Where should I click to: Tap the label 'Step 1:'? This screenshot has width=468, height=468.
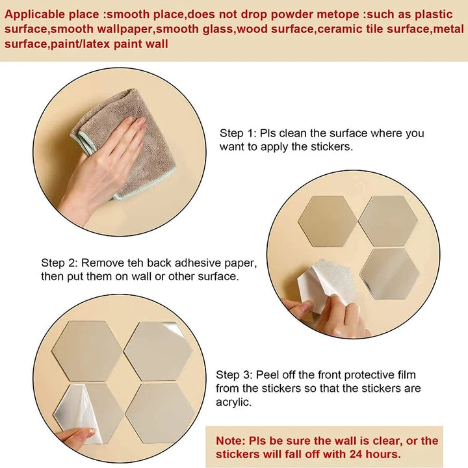tap(238, 133)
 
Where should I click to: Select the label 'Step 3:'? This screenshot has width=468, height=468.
tap(234, 375)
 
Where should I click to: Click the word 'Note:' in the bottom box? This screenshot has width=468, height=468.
tap(230, 441)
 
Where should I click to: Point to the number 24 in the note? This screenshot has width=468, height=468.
tap(356, 454)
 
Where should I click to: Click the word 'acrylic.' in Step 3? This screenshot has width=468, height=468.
tap(234, 402)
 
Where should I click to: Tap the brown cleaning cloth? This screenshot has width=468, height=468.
tap(125, 143)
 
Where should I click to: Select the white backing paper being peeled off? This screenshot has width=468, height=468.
tap(327, 283)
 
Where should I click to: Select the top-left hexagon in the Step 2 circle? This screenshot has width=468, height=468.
tap(328, 221)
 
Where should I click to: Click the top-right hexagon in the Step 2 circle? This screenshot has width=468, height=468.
tap(388, 221)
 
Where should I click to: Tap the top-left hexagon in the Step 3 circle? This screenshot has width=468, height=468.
tap(87, 351)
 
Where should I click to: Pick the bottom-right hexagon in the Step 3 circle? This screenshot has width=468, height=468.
tap(161, 413)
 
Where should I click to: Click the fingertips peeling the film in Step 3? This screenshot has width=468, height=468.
tap(86, 433)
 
